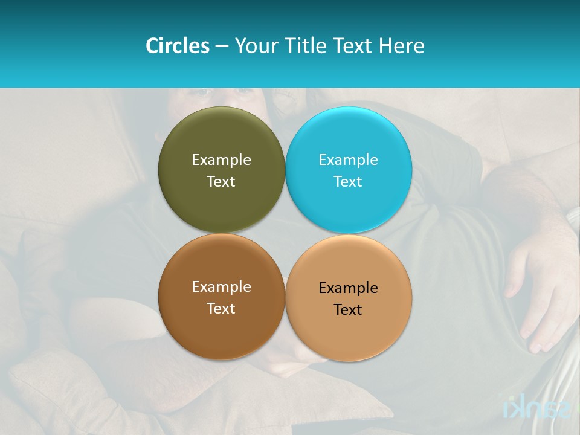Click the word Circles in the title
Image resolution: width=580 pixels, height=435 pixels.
point(178,46)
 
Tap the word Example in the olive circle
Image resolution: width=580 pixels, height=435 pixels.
point(221,160)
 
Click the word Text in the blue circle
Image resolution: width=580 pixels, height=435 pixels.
point(348,182)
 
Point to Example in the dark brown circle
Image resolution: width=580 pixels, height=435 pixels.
point(221,287)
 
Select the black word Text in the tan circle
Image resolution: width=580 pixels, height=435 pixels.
point(348,310)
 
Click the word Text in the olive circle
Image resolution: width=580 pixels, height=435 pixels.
point(221,182)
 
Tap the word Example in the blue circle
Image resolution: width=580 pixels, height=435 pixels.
point(348,160)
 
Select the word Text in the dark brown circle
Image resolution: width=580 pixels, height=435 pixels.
point(221,309)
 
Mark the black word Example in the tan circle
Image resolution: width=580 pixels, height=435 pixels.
point(348,288)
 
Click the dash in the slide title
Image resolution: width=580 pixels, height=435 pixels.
point(222,47)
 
